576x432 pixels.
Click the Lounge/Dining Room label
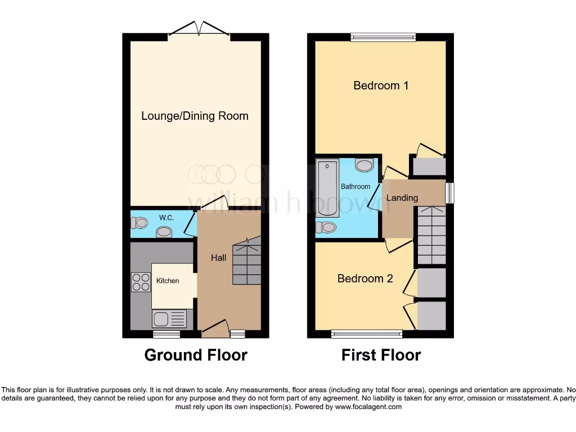(195, 116)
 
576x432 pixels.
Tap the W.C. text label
(166, 218)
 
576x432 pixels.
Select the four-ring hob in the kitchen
(141, 281)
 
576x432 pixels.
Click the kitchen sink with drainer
(169, 319)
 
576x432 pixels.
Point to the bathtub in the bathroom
(327, 188)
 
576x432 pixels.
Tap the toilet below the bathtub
(326, 227)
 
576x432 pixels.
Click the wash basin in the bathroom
(365, 165)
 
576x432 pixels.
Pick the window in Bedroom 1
(383, 38)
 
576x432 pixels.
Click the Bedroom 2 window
(367, 334)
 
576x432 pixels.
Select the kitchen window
(166, 334)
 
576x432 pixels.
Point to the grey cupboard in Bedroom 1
(429, 166)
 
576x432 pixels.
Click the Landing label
(402, 197)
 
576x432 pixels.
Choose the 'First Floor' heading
(381, 355)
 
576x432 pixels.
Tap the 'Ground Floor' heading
(196, 355)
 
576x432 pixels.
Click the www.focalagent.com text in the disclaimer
(368, 407)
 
